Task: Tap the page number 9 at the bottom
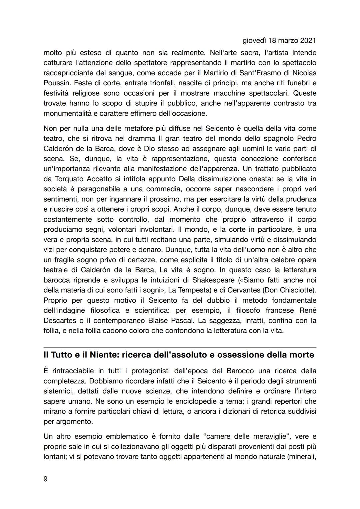point(46,479)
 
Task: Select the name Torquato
point(59,179)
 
